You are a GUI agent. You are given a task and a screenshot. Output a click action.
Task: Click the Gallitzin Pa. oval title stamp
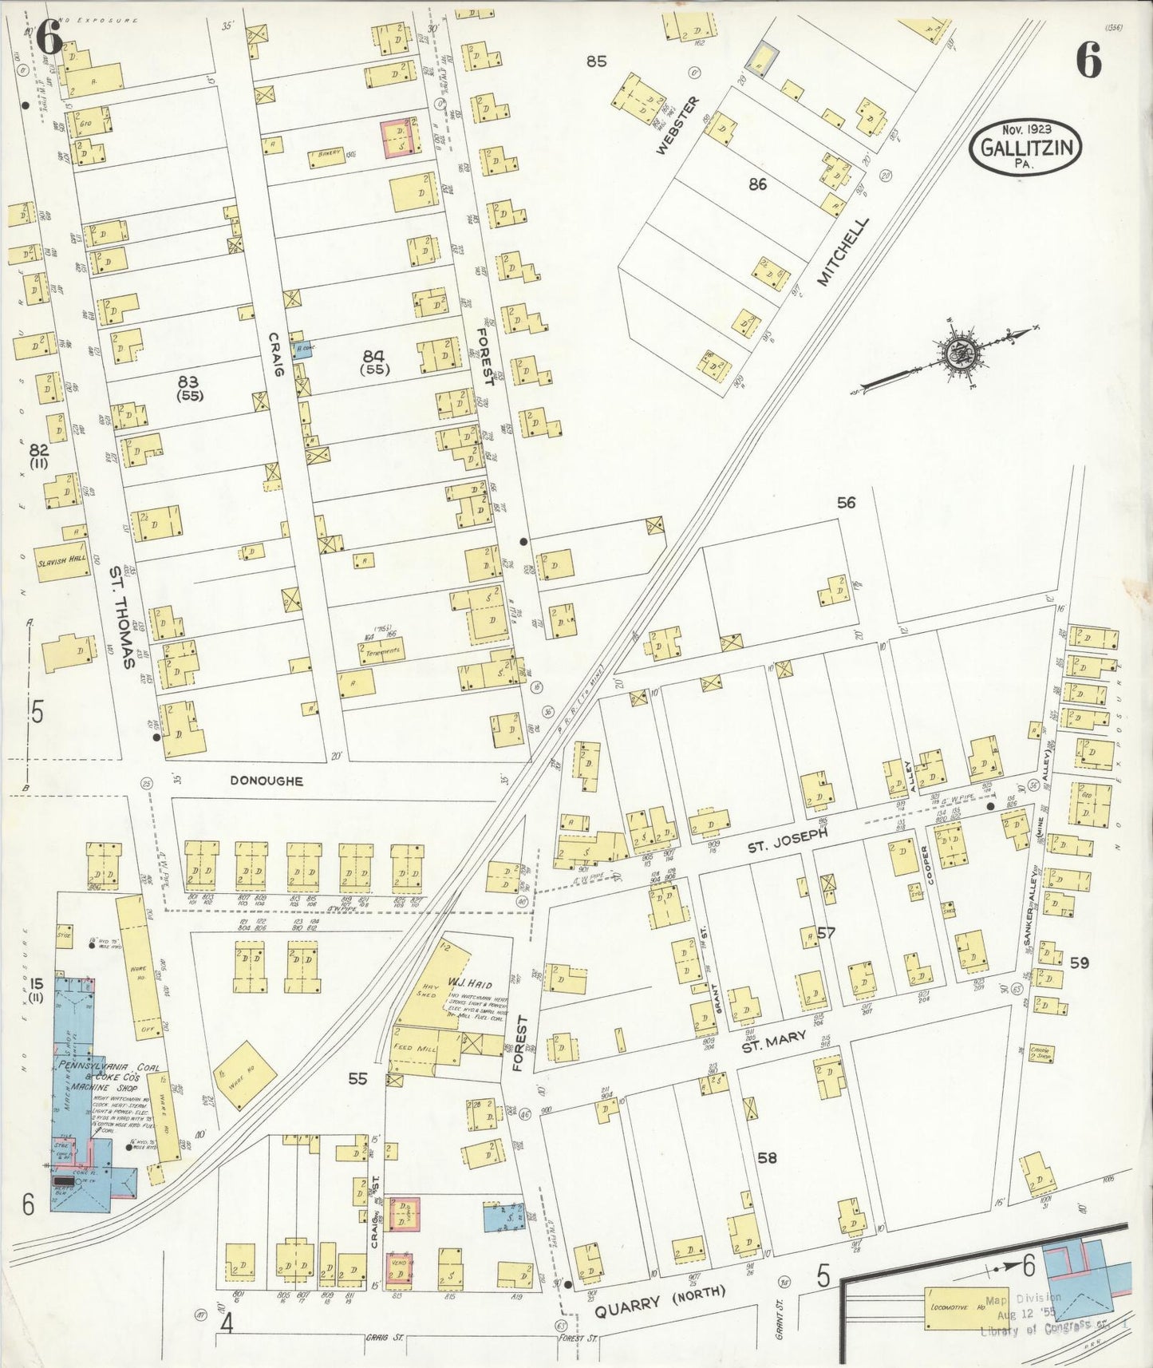(1025, 147)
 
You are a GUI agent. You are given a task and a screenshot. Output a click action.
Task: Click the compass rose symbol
(955, 352)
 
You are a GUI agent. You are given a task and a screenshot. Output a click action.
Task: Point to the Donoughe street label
(267, 781)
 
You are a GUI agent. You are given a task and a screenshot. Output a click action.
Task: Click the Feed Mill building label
(415, 1049)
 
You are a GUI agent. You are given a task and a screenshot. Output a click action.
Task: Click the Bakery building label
(330, 152)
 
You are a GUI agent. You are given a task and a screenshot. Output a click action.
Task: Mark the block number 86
(757, 184)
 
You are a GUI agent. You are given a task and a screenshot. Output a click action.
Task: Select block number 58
(767, 1157)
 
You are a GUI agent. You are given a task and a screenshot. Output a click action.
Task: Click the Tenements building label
(382, 652)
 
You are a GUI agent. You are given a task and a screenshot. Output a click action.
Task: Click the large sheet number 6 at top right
(1089, 58)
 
